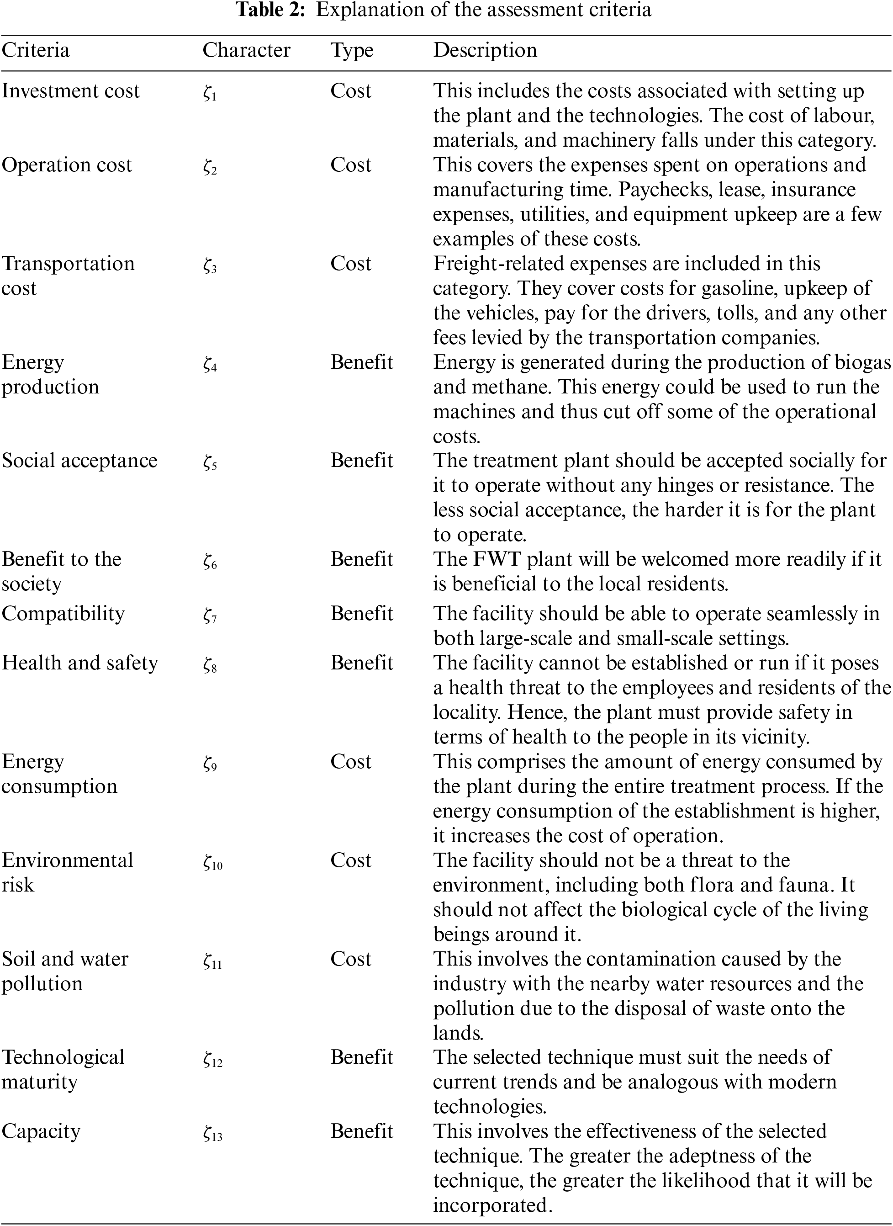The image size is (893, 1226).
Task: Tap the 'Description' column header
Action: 485,50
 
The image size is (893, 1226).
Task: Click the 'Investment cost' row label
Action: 70,91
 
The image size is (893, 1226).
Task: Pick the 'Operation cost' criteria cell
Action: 67,165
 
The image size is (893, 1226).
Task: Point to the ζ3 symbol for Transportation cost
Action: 210,265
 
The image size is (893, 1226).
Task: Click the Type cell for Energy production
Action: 362,362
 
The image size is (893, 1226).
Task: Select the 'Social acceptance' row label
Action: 79,461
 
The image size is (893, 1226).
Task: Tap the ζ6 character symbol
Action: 210,561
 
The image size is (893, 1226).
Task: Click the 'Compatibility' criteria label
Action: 63,614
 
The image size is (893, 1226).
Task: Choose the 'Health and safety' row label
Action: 79,663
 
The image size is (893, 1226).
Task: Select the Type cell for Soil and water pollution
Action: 351,960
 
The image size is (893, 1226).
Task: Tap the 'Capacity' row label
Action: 41,1131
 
